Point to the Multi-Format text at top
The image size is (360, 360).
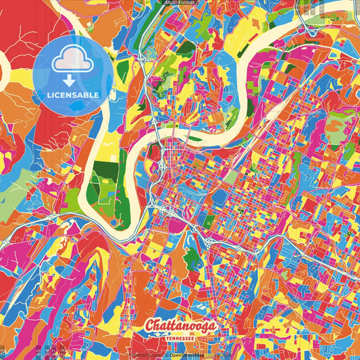[180, 3]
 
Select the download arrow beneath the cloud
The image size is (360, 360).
[68, 76]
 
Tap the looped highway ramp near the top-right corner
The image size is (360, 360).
[312, 30]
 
